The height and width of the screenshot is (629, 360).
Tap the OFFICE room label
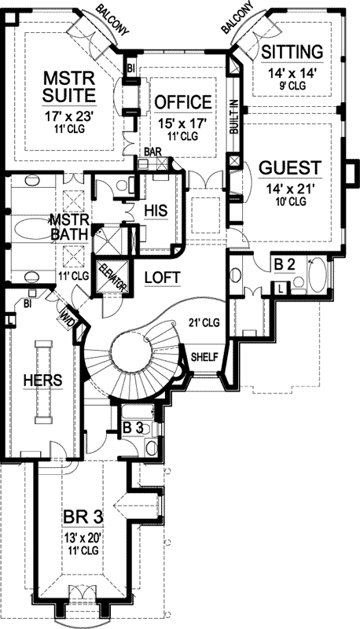coord(182,102)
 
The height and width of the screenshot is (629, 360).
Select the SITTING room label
coord(292,52)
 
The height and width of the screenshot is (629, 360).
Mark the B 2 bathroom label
coord(284,263)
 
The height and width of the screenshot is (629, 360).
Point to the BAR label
coord(152,151)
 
